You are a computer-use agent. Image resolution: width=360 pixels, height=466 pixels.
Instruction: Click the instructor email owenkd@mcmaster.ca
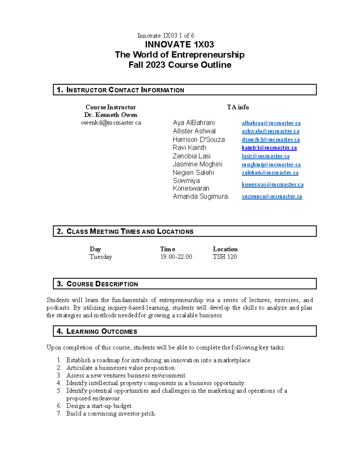click(111, 123)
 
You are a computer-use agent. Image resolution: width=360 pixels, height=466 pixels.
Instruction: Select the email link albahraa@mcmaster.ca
click(271, 123)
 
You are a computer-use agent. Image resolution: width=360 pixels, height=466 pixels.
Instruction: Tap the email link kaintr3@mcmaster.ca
click(269, 148)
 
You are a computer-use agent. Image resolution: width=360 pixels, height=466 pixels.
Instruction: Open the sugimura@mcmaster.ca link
click(272, 197)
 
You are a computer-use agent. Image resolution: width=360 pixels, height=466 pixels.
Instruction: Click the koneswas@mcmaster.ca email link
click(272, 185)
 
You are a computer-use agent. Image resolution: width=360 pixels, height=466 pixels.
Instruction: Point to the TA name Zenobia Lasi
click(191, 156)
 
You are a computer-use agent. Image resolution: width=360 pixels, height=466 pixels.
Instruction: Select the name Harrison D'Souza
click(199, 140)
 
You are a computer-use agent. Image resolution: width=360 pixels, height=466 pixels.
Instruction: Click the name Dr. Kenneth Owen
click(111, 115)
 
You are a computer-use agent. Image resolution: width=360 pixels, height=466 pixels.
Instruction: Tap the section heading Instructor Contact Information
click(125, 90)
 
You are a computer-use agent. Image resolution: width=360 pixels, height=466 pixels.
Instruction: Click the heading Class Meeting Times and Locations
click(130, 231)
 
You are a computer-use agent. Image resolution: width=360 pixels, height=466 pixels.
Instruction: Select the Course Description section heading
click(102, 284)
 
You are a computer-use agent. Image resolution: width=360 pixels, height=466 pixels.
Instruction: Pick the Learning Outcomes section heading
click(101, 331)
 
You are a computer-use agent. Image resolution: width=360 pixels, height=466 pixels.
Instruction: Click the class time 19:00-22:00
click(176, 257)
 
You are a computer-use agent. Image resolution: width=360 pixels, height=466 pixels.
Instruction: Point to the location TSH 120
click(225, 257)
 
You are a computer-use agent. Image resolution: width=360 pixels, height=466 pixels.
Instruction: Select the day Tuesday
click(100, 257)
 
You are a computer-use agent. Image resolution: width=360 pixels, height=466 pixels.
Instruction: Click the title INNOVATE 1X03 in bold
click(179, 45)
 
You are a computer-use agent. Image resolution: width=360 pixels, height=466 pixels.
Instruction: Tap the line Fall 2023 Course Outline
click(180, 65)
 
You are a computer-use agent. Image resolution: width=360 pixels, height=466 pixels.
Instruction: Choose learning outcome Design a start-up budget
click(99, 406)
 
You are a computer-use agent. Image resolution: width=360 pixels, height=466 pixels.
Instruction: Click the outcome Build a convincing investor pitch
click(111, 413)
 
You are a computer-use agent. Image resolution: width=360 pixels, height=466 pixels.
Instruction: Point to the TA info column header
click(238, 107)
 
